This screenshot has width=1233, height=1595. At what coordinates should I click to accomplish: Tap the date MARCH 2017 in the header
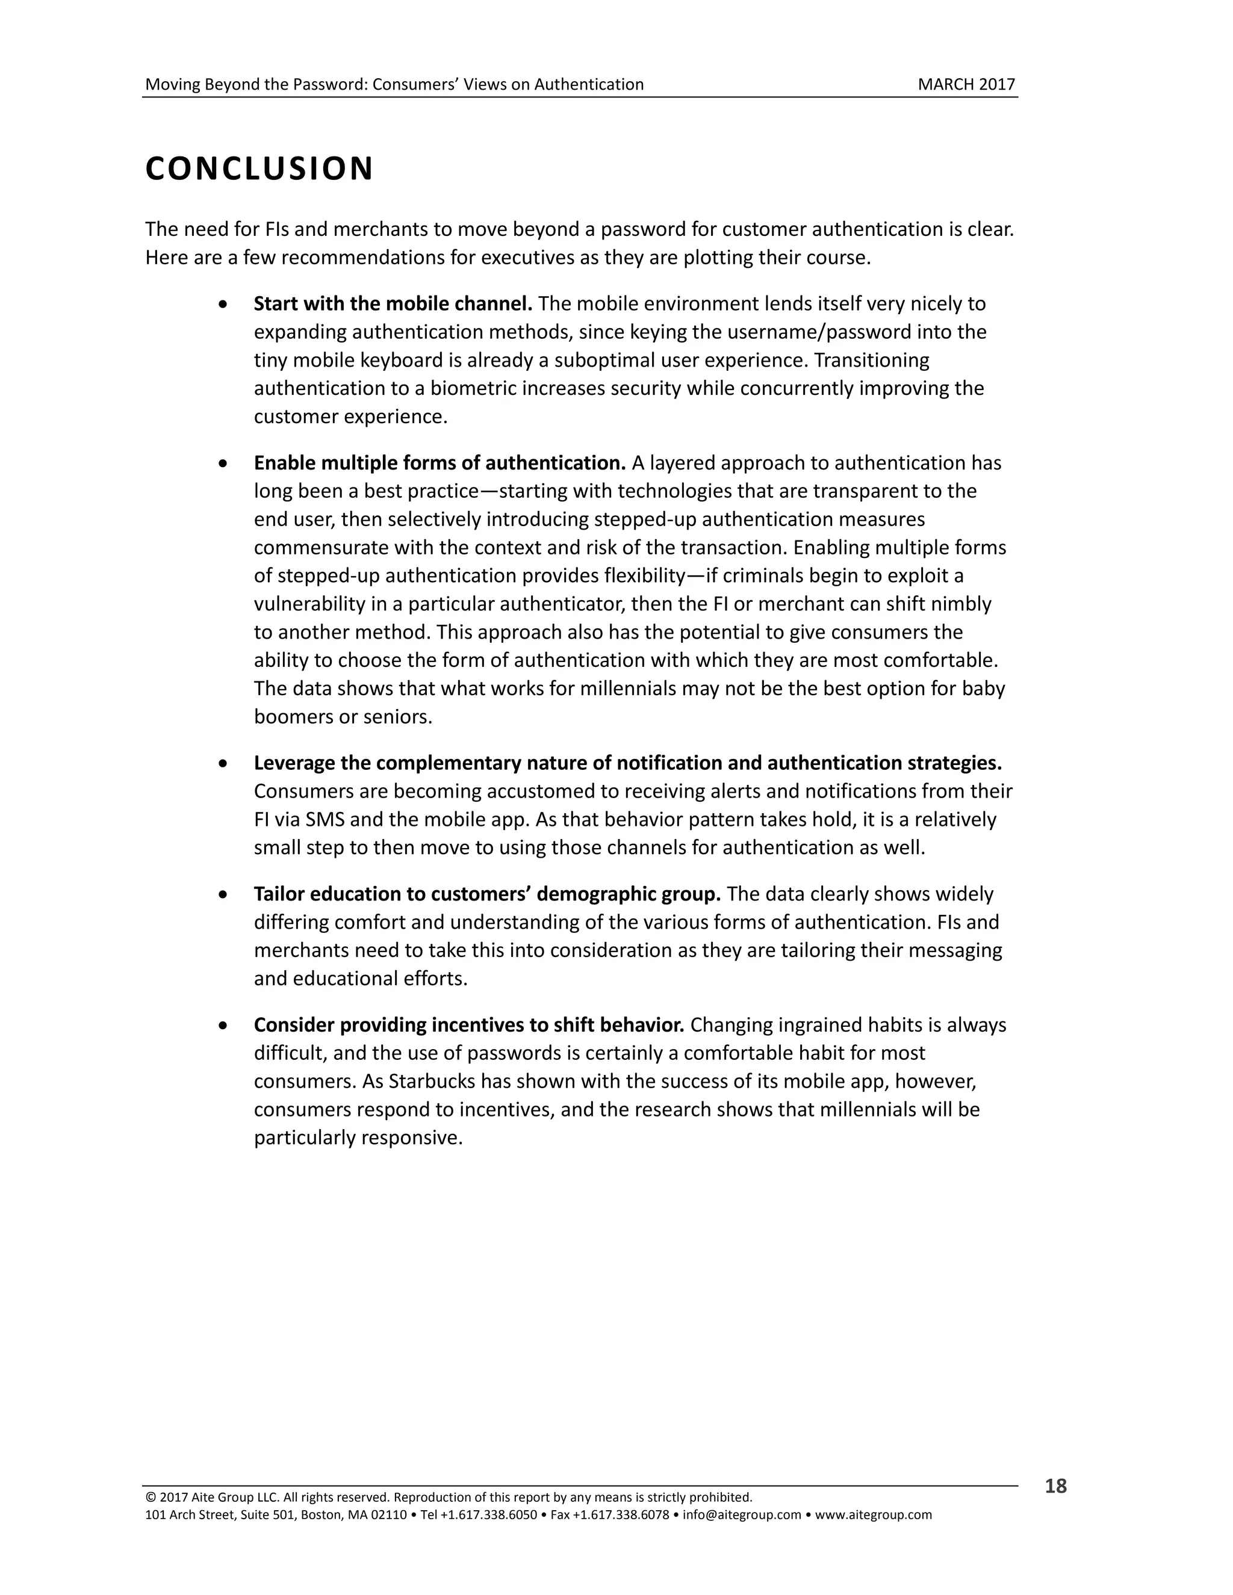click(x=966, y=85)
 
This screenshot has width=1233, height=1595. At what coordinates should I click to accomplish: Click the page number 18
click(x=1055, y=1486)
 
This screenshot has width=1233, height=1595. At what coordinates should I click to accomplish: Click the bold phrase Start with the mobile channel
click(x=393, y=303)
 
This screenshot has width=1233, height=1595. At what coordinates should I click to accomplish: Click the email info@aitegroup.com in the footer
click(x=742, y=1515)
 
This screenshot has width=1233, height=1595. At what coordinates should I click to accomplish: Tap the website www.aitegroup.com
click(x=873, y=1515)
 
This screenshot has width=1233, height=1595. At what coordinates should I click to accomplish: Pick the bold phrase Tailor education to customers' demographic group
click(x=487, y=894)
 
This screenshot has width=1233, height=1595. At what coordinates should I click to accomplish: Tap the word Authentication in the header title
click(x=589, y=85)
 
